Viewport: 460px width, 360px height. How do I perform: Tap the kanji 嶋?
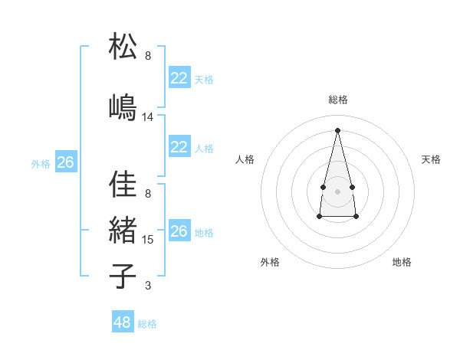click(x=123, y=107)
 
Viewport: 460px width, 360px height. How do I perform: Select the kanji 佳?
click(x=123, y=184)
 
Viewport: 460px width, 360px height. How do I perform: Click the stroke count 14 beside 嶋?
click(x=148, y=117)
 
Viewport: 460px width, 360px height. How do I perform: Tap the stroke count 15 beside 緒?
click(x=148, y=240)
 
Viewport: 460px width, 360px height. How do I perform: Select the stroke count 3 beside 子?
click(x=148, y=286)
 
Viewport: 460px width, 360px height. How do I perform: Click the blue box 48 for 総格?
click(x=123, y=322)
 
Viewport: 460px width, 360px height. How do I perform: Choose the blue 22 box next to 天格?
click(x=179, y=78)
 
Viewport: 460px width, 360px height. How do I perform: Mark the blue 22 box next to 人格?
click(x=179, y=147)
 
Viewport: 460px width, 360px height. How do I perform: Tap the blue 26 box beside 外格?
click(x=65, y=162)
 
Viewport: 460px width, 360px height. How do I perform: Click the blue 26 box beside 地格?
click(x=179, y=231)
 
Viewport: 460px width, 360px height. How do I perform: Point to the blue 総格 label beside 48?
click(x=147, y=324)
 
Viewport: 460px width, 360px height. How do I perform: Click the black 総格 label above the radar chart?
click(x=337, y=100)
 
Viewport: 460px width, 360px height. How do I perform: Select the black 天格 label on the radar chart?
click(x=431, y=159)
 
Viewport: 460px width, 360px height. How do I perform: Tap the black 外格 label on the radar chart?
click(x=269, y=262)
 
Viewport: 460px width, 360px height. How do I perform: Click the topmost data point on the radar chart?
click(x=337, y=129)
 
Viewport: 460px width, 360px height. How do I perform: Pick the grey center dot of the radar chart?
click(x=337, y=190)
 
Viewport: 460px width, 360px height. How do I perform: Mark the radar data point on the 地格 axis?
click(x=356, y=217)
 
